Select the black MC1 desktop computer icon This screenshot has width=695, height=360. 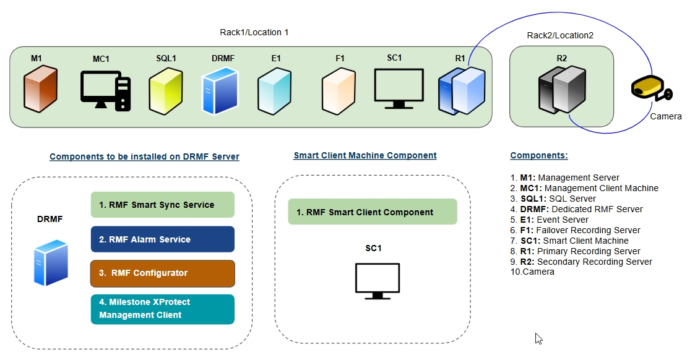pyautogui.click(x=105, y=91)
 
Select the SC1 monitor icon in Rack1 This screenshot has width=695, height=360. pyautogui.click(x=399, y=88)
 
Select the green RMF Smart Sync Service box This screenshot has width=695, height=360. pyautogui.click(x=162, y=205)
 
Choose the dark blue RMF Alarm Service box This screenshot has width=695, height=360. pyautogui.click(x=162, y=239)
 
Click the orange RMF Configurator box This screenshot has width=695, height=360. pyautogui.click(x=162, y=273)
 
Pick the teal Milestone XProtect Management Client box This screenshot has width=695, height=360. pyautogui.click(x=162, y=309)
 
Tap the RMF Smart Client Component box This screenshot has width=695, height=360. pyautogui.click(x=372, y=212)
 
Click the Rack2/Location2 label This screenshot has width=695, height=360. pyautogui.click(x=559, y=35)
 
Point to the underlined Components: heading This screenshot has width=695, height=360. pyautogui.click(x=538, y=156)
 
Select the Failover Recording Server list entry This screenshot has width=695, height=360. pyautogui.click(x=575, y=230)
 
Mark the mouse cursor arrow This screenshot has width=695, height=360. pyautogui.click(x=538, y=338)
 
